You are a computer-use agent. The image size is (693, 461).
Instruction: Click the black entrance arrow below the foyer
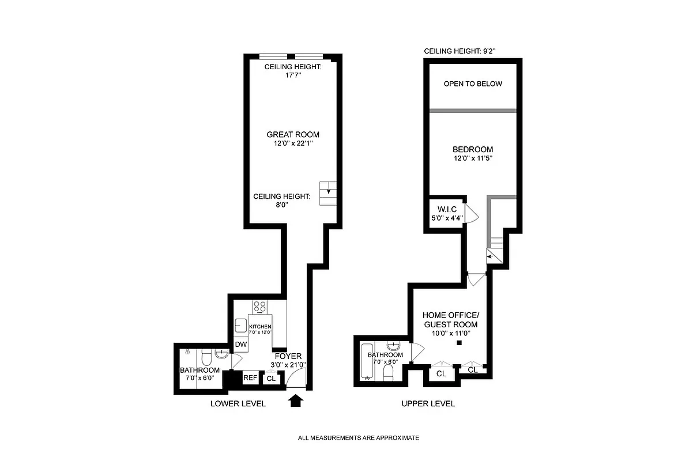tap(295, 400)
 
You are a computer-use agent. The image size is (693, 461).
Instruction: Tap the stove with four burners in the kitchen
tap(260, 307)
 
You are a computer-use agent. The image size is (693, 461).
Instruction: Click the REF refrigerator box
tap(250, 378)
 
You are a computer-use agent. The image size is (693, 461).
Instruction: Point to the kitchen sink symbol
tap(240, 326)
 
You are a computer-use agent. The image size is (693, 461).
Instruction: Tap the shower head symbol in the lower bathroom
tap(189, 352)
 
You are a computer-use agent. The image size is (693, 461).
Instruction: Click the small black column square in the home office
tap(459, 343)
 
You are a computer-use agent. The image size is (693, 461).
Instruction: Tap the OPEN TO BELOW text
tap(473, 84)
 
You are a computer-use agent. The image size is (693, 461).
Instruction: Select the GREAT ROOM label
tap(293, 134)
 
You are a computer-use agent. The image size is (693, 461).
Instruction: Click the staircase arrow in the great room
tap(329, 191)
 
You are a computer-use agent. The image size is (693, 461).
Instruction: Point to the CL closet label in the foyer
tap(270, 379)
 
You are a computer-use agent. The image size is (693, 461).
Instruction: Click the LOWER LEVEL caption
tap(238, 404)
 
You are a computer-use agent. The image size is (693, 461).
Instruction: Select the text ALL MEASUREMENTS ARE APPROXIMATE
tap(358, 438)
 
